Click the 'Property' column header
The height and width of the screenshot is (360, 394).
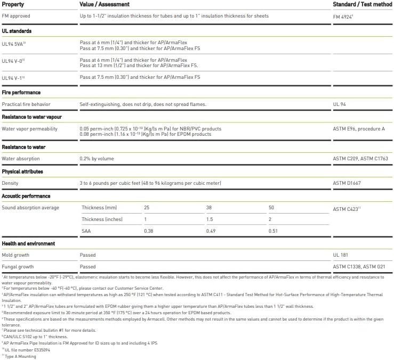[x=13, y=4]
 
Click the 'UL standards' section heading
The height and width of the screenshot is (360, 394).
[x=17, y=31]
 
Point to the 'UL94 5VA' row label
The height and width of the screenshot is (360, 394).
[x=13, y=45]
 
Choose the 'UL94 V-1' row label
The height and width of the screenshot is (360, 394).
[x=13, y=78]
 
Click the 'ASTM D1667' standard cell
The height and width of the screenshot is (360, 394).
[x=347, y=183]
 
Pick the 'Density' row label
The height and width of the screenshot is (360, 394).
[x=11, y=183]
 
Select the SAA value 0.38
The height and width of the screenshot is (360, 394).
[x=149, y=231]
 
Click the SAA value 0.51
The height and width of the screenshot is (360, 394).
[x=273, y=231]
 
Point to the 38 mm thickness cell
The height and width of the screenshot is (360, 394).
[x=209, y=207]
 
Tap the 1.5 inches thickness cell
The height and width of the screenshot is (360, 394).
[x=209, y=219]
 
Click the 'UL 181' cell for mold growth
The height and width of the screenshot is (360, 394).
[x=340, y=255]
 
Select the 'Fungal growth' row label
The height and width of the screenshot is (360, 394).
[x=19, y=267]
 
